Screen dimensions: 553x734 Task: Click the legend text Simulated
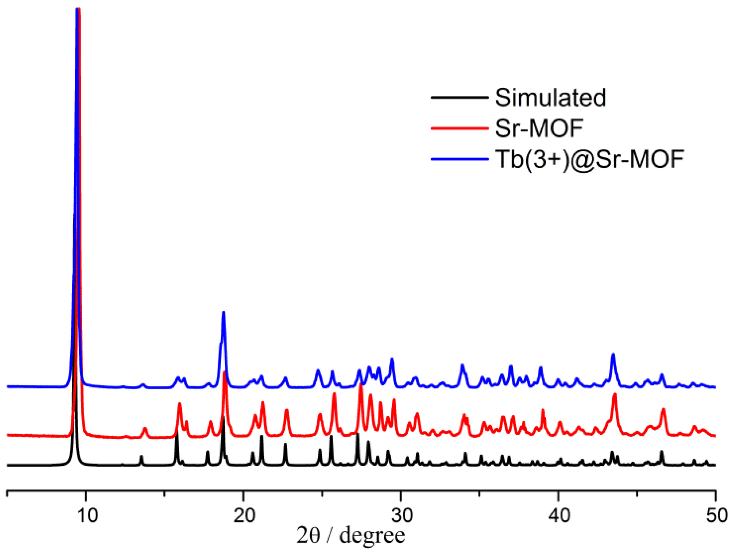pos(550,98)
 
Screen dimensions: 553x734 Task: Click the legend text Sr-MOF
pos(539,128)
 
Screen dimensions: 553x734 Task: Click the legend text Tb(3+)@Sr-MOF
pos(590,159)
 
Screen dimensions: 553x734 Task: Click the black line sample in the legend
pos(460,97)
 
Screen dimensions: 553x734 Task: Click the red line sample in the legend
pos(460,128)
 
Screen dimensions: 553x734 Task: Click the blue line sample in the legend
pos(460,159)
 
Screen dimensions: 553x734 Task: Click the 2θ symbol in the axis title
pos(308,536)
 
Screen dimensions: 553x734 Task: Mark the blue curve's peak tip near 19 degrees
pos(223,312)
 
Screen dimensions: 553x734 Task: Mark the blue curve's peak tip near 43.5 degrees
pos(613,354)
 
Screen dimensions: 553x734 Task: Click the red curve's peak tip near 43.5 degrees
pos(615,394)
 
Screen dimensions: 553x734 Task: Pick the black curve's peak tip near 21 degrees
pos(261,436)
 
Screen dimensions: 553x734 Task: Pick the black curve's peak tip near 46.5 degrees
pos(661,451)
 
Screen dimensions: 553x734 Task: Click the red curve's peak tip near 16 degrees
pos(179,403)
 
